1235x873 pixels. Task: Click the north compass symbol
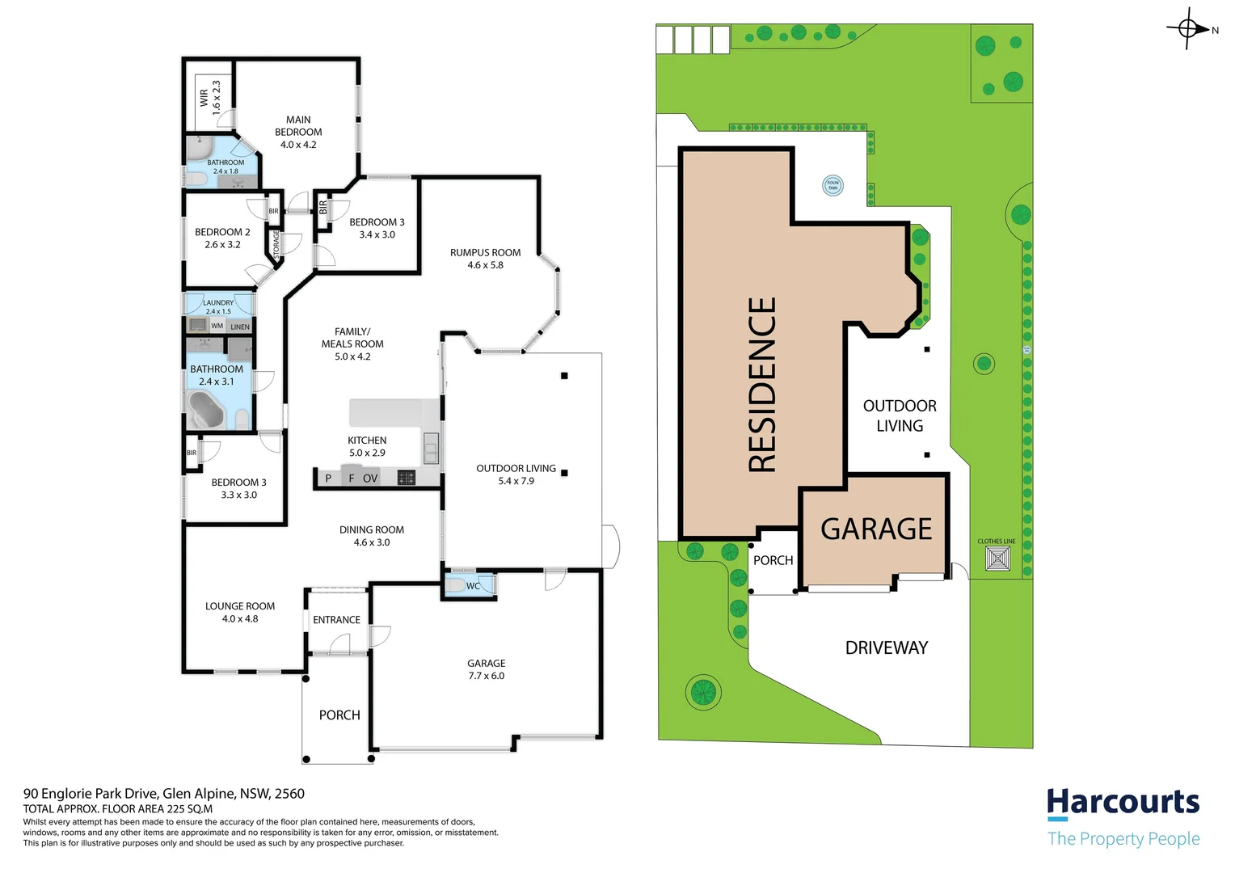point(1188,29)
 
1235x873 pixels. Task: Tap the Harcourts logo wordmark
point(1123,803)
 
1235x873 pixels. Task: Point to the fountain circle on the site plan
point(832,185)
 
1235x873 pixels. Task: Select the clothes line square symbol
point(997,559)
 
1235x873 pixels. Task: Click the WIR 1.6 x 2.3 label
point(210,97)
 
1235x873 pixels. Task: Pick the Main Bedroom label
point(298,132)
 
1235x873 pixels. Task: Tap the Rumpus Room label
point(485,259)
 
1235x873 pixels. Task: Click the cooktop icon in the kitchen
point(406,478)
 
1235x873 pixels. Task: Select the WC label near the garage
point(473,586)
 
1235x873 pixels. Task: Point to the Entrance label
point(336,620)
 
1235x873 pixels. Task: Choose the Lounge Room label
point(240,612)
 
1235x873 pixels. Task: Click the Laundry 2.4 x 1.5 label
point(218,306)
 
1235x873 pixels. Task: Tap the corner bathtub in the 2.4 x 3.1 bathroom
point(205,410)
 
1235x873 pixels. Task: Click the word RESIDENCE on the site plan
point(762,385)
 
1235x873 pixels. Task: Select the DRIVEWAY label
point(886,647)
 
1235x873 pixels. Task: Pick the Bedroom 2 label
point(222,238)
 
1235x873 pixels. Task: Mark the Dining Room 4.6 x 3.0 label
point(372,536)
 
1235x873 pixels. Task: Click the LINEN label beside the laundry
point(240,327)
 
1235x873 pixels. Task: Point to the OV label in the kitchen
point(370,479)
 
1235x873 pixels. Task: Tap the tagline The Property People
point(1123,838)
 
